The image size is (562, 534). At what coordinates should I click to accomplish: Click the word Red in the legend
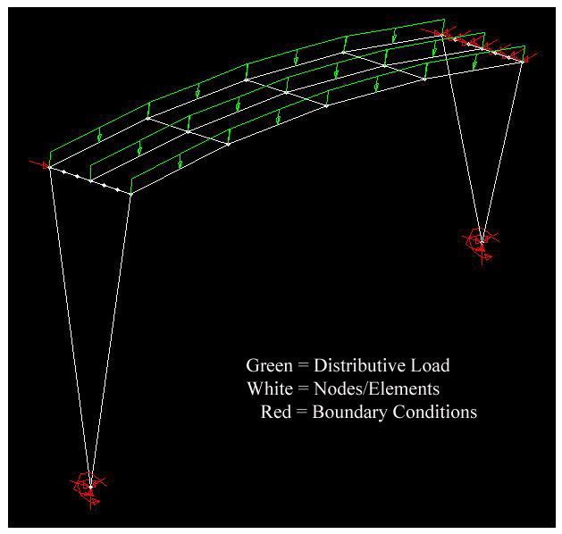(275, 413)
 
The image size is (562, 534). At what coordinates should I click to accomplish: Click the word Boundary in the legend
(349, 413)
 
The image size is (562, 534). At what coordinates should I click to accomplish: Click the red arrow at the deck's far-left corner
(38, 164)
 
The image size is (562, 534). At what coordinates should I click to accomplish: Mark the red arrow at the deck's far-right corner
(531, 58)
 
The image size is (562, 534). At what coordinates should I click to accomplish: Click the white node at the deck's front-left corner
(131, 193)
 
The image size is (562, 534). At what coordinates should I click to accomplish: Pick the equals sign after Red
(301, 413)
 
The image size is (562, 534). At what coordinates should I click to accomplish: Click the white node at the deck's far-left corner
(50, 167)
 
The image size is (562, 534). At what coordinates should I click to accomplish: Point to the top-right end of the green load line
(442, 19)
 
